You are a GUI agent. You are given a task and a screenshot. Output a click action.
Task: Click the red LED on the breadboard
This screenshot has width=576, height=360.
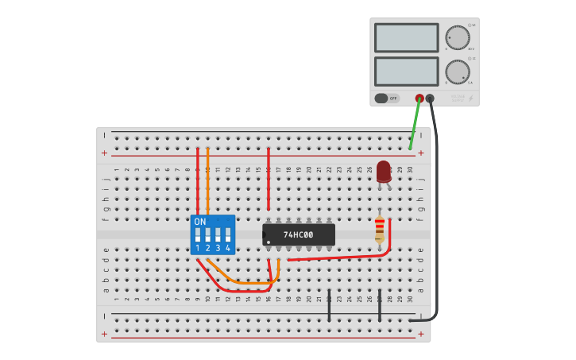click(384, 170)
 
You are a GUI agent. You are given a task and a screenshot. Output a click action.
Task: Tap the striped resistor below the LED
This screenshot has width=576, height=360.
click(380, 230)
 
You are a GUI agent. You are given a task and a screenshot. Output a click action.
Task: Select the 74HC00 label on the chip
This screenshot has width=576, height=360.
click(299, 235)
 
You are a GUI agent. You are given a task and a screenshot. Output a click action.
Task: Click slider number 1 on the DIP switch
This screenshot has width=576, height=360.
click(198, 236)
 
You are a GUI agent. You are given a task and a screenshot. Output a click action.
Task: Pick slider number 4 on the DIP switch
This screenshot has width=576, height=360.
click(228, 236)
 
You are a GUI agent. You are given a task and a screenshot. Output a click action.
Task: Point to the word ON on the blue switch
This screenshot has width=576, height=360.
click(199, 222)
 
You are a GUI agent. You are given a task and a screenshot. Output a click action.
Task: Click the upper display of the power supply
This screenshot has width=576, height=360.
click(406, 37)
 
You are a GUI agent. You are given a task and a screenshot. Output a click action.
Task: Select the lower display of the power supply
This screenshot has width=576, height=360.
click(406, 72)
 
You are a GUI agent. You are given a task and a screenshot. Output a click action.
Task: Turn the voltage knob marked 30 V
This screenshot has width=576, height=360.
click(457, 37)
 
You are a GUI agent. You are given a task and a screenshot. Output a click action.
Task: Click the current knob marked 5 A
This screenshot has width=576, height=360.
click(457, 72)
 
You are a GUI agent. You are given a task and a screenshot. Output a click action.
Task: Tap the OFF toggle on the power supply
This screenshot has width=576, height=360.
click(387, 99)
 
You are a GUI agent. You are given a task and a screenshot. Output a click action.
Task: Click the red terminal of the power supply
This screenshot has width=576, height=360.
click(419, 99)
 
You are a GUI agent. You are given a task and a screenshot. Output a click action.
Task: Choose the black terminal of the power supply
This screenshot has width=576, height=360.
click(430, 99)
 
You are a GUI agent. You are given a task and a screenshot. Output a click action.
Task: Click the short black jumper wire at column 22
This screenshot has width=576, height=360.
click(329, 306)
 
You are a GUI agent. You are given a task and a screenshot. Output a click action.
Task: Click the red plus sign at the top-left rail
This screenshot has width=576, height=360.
click(104, 153)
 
